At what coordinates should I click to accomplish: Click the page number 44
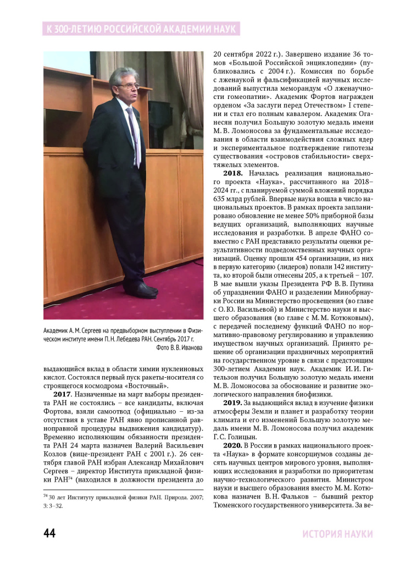pyautogui.click(x=49, y=533)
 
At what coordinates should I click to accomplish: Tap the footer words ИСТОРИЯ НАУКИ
pyautogui.click(x=337, y=534)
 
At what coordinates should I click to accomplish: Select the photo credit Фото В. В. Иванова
pyautogui.click(x=180, y=348)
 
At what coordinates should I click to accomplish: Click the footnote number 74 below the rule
pyautogui.click(x=46, y=495)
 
